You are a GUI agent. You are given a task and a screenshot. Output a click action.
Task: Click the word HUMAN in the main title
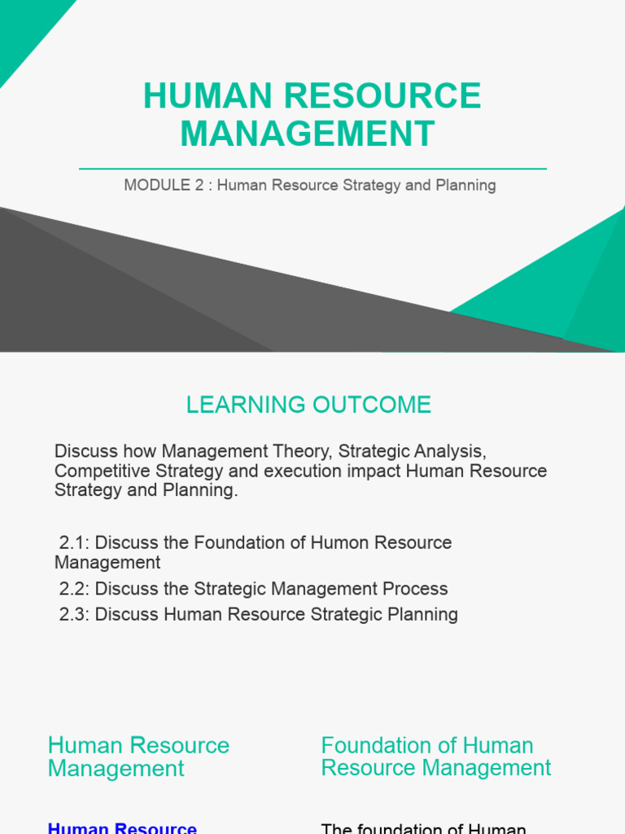(208, 96)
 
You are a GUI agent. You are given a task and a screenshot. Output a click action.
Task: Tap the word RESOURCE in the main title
(382, 96)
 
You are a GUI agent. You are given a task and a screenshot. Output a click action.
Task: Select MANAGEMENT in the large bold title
(308, 134)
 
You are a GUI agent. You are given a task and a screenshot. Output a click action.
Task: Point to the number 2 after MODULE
(199, 185)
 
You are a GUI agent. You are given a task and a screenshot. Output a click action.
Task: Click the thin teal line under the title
(312, 169)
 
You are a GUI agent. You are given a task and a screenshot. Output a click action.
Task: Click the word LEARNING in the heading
(246, 405)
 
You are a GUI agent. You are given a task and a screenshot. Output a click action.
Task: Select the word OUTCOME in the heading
(372, 405)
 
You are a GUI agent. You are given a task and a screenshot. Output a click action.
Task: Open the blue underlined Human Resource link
(122, 828)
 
